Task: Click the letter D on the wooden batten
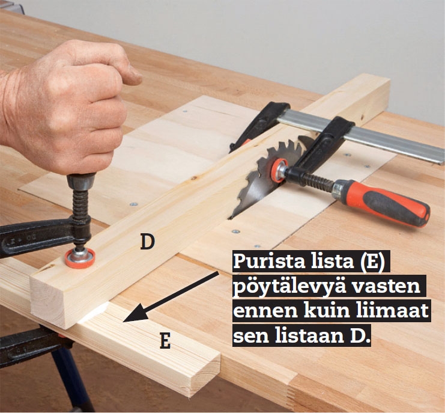(148, 242)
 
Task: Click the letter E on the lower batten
(166, 341)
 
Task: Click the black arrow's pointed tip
(124, 322)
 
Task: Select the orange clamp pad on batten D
(80, 257)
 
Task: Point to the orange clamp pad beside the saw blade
(279, 170)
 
